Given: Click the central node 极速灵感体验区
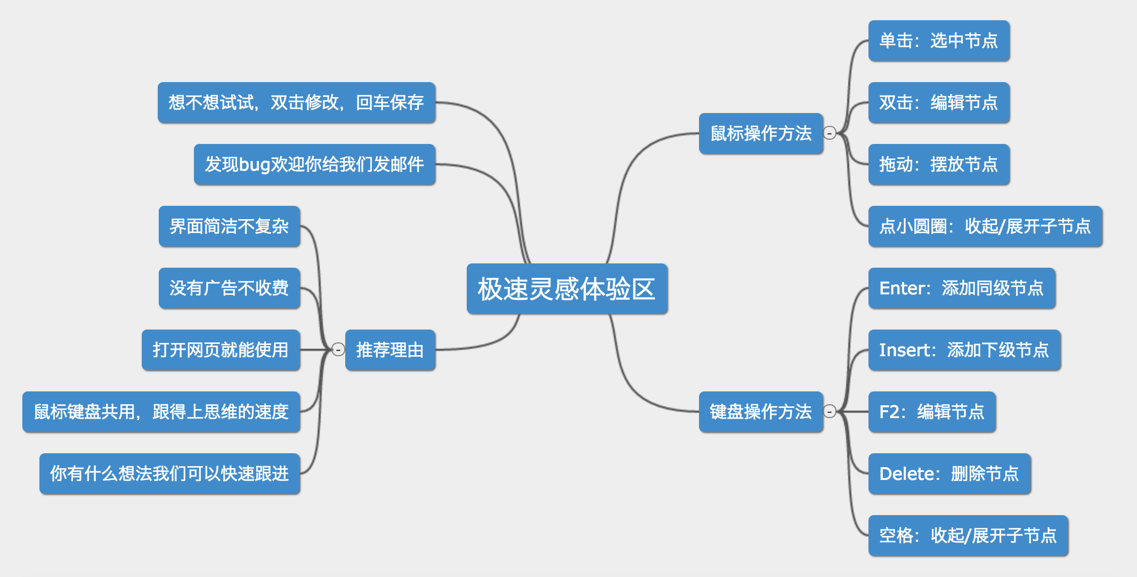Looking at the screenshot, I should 566,288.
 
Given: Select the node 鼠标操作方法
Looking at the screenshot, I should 760,133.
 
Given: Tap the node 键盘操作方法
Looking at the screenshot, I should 760,412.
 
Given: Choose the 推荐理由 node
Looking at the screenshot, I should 390,350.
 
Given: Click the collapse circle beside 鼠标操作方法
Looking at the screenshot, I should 830,133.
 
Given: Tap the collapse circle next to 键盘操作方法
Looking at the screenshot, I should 830,411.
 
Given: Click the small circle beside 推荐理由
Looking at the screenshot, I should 338,349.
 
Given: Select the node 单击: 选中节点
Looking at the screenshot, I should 938,41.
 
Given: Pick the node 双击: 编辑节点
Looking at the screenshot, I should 938,102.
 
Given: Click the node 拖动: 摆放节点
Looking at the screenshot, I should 938,164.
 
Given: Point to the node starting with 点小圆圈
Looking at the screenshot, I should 985,226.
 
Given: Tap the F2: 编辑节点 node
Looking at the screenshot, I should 931,412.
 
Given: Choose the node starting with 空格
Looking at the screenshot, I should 968,535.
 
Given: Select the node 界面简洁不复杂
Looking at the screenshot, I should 229,226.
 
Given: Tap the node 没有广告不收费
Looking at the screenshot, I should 229,288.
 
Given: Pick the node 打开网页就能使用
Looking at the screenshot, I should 221,350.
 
